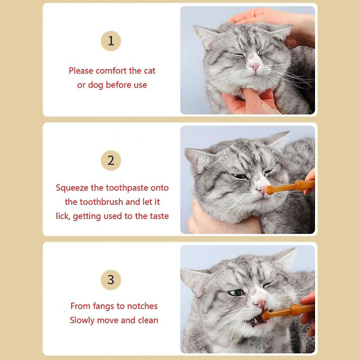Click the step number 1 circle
point(111,41)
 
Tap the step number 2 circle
point(111,160)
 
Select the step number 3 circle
point(111,280)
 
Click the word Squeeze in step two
point(72,188)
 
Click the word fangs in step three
point(104,306)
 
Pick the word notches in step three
point(142,306)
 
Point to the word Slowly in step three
point(85,320)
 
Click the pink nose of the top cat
point(255,67)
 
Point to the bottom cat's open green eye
point(235,293)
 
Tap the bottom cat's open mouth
point(254,320)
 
